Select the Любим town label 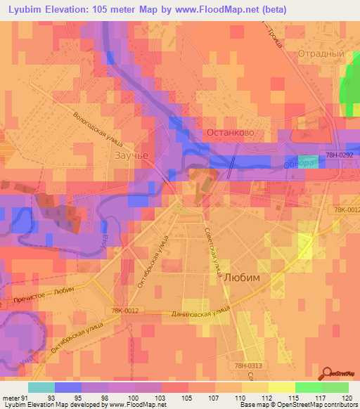(x=241, y=278)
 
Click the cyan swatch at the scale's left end (x=41, y=387)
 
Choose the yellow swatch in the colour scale (x=281, y=387)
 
